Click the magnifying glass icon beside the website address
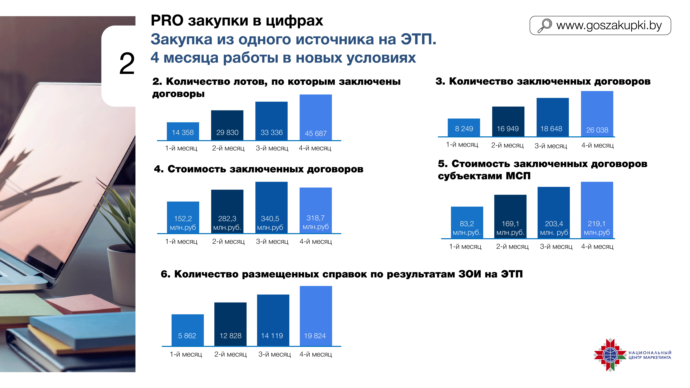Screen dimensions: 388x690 click(545, 25)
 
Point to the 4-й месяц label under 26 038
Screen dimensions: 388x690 click(597, 145)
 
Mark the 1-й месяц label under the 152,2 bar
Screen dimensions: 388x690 click(181, 242)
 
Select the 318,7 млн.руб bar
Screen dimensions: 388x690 click(316, 210)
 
